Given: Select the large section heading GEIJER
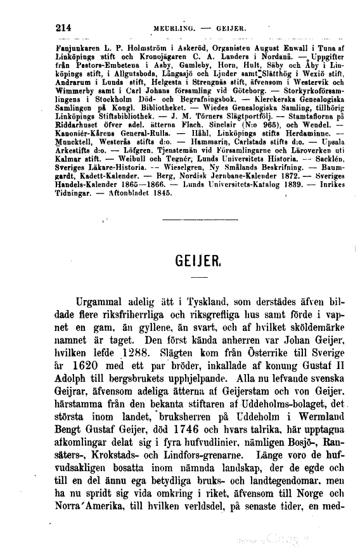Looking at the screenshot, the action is tap(199, 261).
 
